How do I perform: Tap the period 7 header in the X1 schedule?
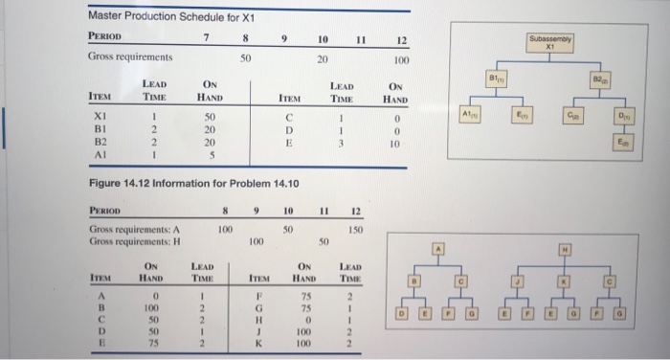tap(207, 38)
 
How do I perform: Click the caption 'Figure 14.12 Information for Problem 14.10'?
tap(193, 182)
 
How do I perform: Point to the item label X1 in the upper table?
tap(102, 116)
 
